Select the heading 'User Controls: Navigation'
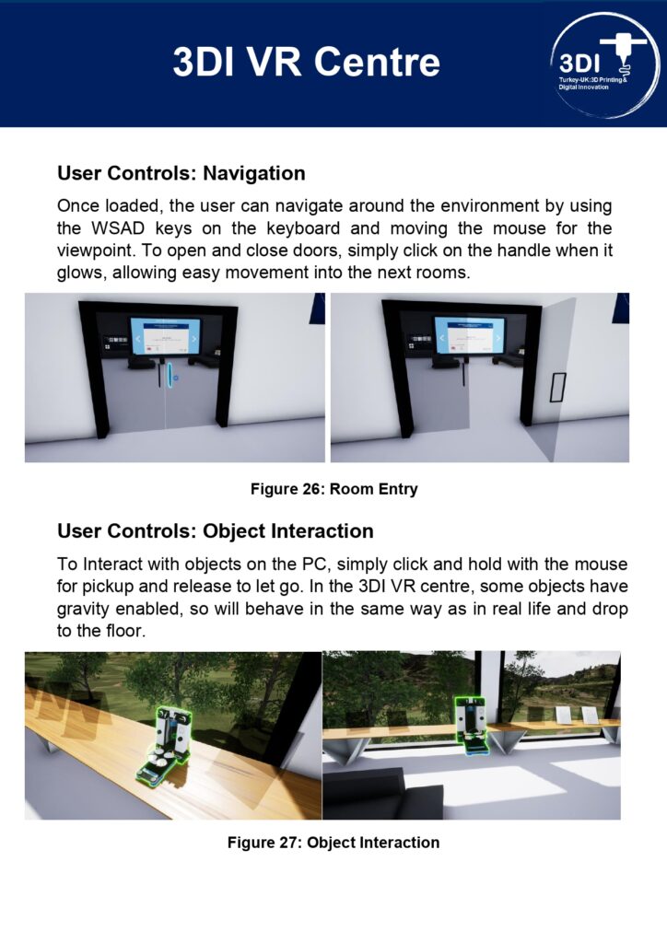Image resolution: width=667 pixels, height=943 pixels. [x=181, y=173]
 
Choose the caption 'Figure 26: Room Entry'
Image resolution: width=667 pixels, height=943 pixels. [x=333, y=489]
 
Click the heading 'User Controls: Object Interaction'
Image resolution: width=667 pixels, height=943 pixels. [x=215, y=531]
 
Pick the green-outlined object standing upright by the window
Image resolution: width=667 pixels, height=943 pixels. [x=470, y=724]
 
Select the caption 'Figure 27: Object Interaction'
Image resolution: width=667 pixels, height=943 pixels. [x=333, y=843]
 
